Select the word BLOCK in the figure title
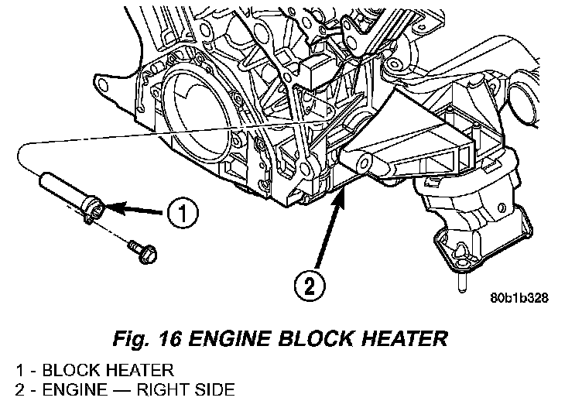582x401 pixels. [x=316, y=338]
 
